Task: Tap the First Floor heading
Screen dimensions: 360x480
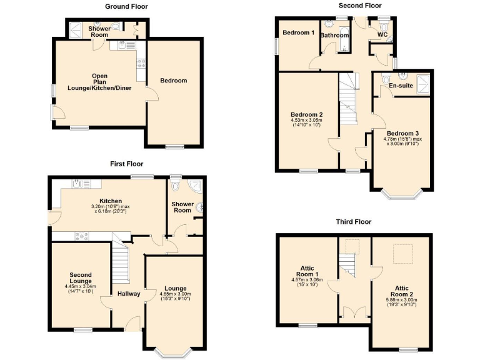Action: pos(127,164)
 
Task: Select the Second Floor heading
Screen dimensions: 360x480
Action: pos(360,6)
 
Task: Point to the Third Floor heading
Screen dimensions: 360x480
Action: pos(354,222)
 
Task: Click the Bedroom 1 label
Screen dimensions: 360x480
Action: pos(297,33)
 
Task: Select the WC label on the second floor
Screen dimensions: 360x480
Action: pos(382,36)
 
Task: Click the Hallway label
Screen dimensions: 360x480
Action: pos(129,294)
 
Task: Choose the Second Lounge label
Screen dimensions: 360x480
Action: pos(81,278)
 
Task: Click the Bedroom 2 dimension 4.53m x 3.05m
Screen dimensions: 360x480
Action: pos(306,122)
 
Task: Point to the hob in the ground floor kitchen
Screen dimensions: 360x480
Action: pos(141,62)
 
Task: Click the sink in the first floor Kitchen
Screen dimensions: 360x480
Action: pos(79,184)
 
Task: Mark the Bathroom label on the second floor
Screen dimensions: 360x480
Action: pos(335,36)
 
